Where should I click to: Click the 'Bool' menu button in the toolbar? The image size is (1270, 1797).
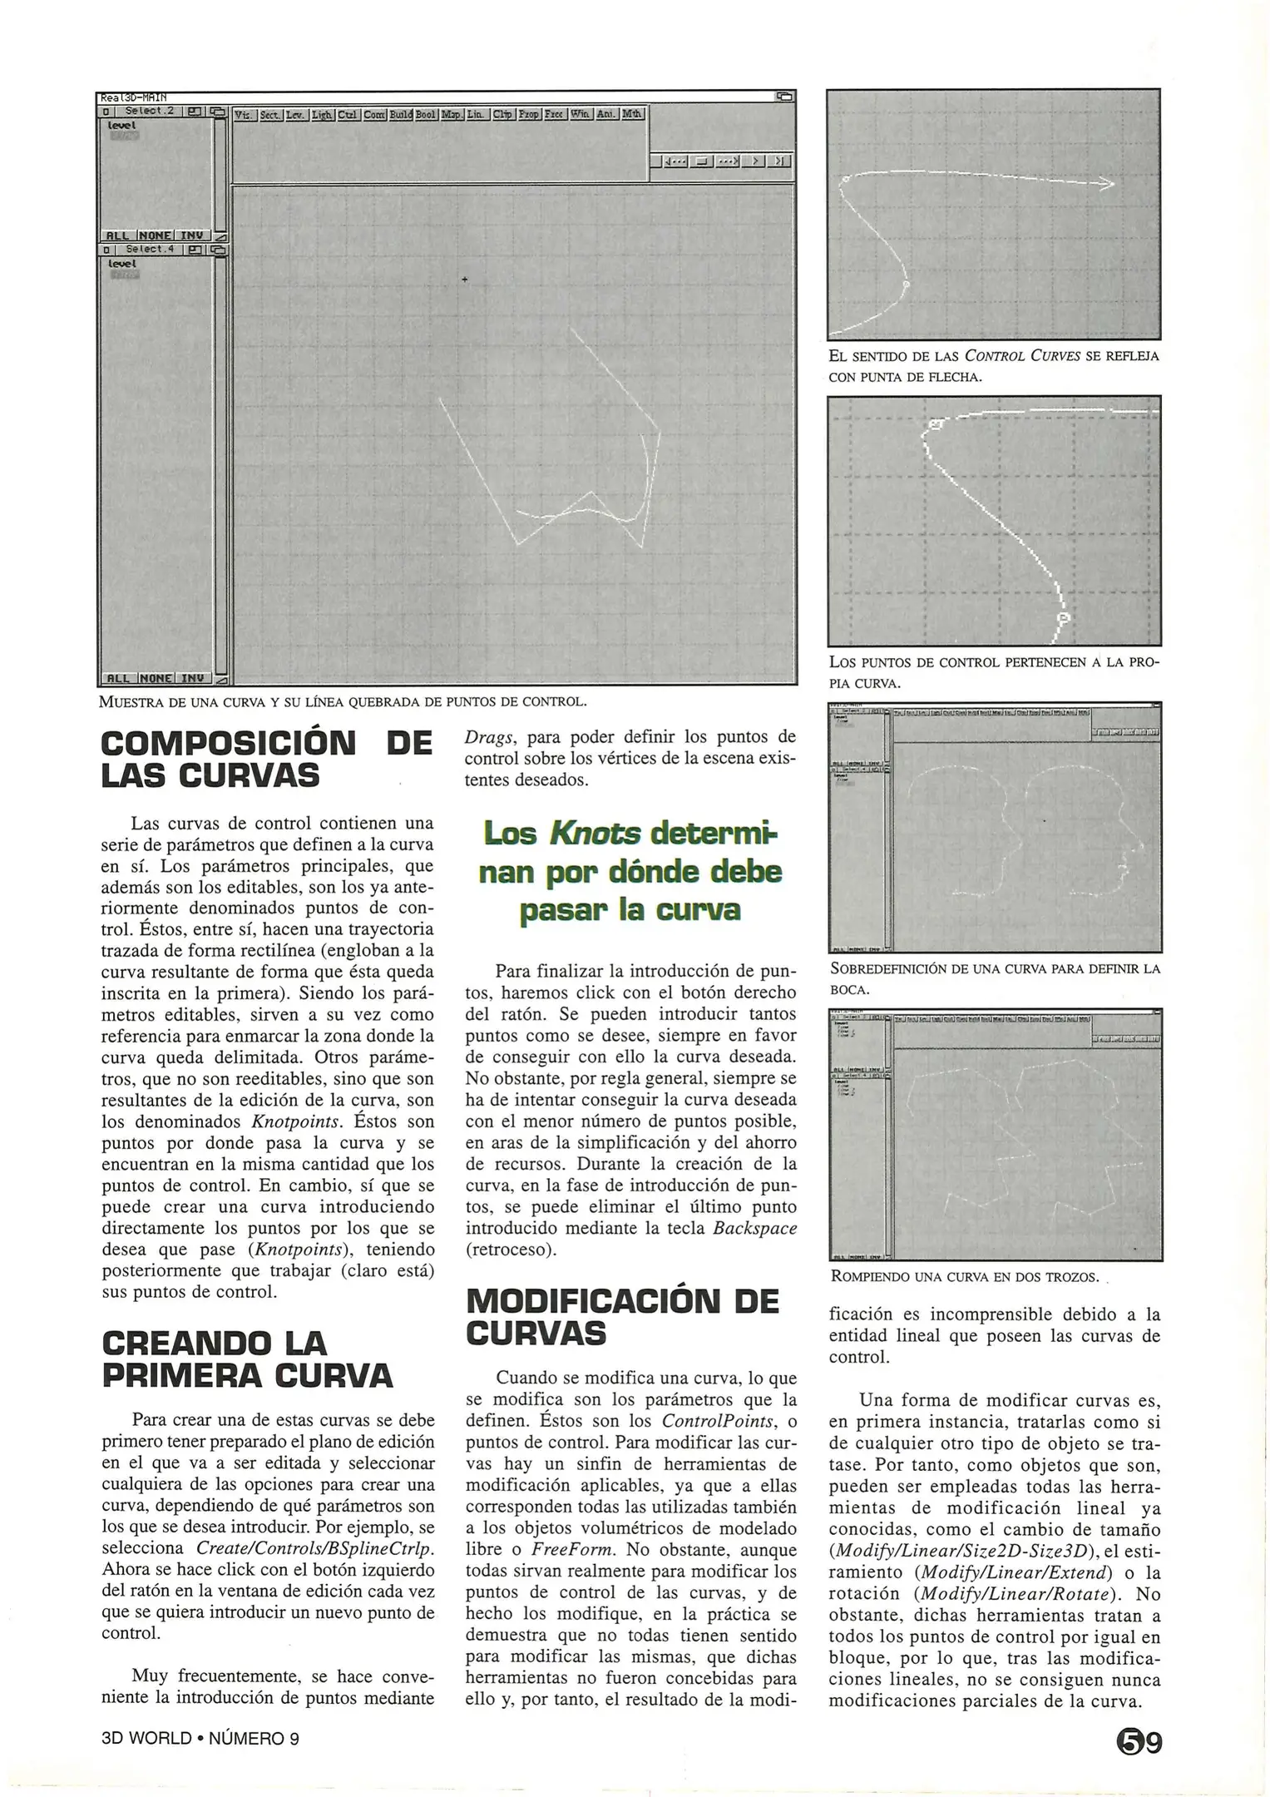point(426,114)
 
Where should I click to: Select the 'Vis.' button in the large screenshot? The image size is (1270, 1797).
point(244,114)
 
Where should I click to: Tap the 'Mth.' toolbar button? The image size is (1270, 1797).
point(632,114)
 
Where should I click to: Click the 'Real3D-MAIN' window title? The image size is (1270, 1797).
point(133,97)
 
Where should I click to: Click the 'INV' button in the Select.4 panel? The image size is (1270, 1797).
point(193,678)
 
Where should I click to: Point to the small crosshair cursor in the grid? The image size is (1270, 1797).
point(464,279)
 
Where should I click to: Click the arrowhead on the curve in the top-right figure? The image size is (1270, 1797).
point(1107,185)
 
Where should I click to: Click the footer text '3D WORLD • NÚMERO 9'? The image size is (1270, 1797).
point(200,1739)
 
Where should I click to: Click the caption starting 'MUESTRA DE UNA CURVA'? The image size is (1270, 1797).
point(343,700)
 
